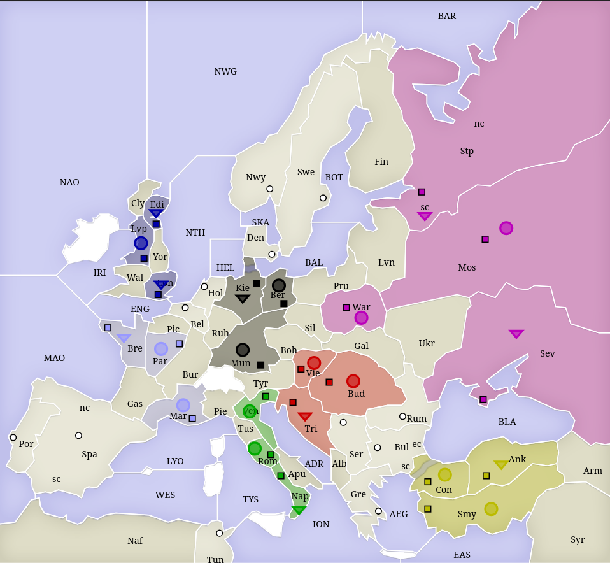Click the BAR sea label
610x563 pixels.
tap(447, 16)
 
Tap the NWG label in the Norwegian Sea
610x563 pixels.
tap(225, 71)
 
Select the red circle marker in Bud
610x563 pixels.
tap(353, 381)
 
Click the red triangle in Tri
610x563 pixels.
tap(305, 417)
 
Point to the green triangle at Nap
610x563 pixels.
tap(299, 510)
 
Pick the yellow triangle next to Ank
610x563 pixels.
tap(501, 464)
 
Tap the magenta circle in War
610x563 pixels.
tap(361, 317)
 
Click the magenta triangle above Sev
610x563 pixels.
tap(516, 334)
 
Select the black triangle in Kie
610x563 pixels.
tap(243, 299)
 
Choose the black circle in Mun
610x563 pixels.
tap(242, 350)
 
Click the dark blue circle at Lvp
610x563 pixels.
tap(141, 243)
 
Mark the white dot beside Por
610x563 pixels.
tap(13, 438)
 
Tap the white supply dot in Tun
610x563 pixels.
tap(220, 533)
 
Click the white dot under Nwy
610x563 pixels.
tap(270, 189)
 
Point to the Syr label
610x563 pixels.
tap(577, 539)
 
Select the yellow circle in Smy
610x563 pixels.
tap(491, 508)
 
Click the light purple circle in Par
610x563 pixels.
tap(161, 348)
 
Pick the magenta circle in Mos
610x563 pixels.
tap(506, 228)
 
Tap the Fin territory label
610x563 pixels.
tap(381, 162)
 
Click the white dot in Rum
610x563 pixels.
tap(402, 417)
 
